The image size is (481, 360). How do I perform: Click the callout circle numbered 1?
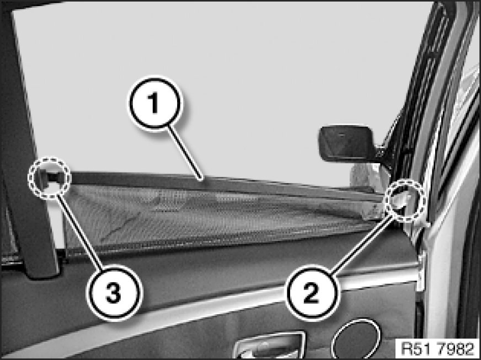coord(154,103)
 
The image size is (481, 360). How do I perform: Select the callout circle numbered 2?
coord(312,293)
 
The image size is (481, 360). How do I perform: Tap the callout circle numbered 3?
coord(114,293)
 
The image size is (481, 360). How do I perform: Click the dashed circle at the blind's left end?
coord(50,178)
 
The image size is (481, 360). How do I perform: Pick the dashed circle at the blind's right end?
coord(406,200)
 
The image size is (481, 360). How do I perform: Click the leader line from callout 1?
coord(185,153)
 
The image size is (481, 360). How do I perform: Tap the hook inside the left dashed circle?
coord(49,179)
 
